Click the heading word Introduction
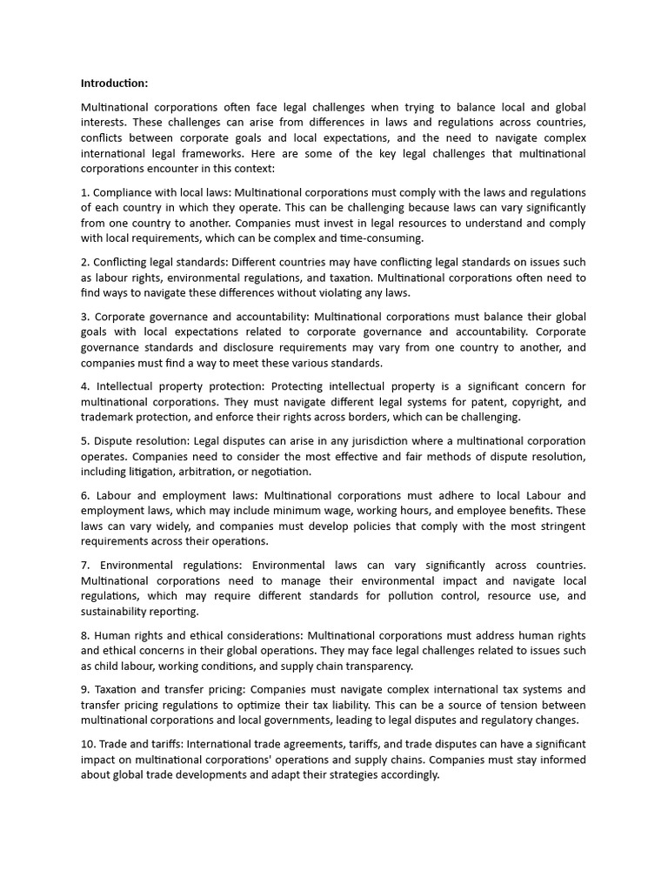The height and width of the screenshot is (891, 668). point(114,84)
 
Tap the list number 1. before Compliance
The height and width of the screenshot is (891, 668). point(85,191)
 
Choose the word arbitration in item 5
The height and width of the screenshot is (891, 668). point(214,472)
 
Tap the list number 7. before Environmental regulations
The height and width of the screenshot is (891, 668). point(85,566)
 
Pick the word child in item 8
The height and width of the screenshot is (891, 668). point(108,667)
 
